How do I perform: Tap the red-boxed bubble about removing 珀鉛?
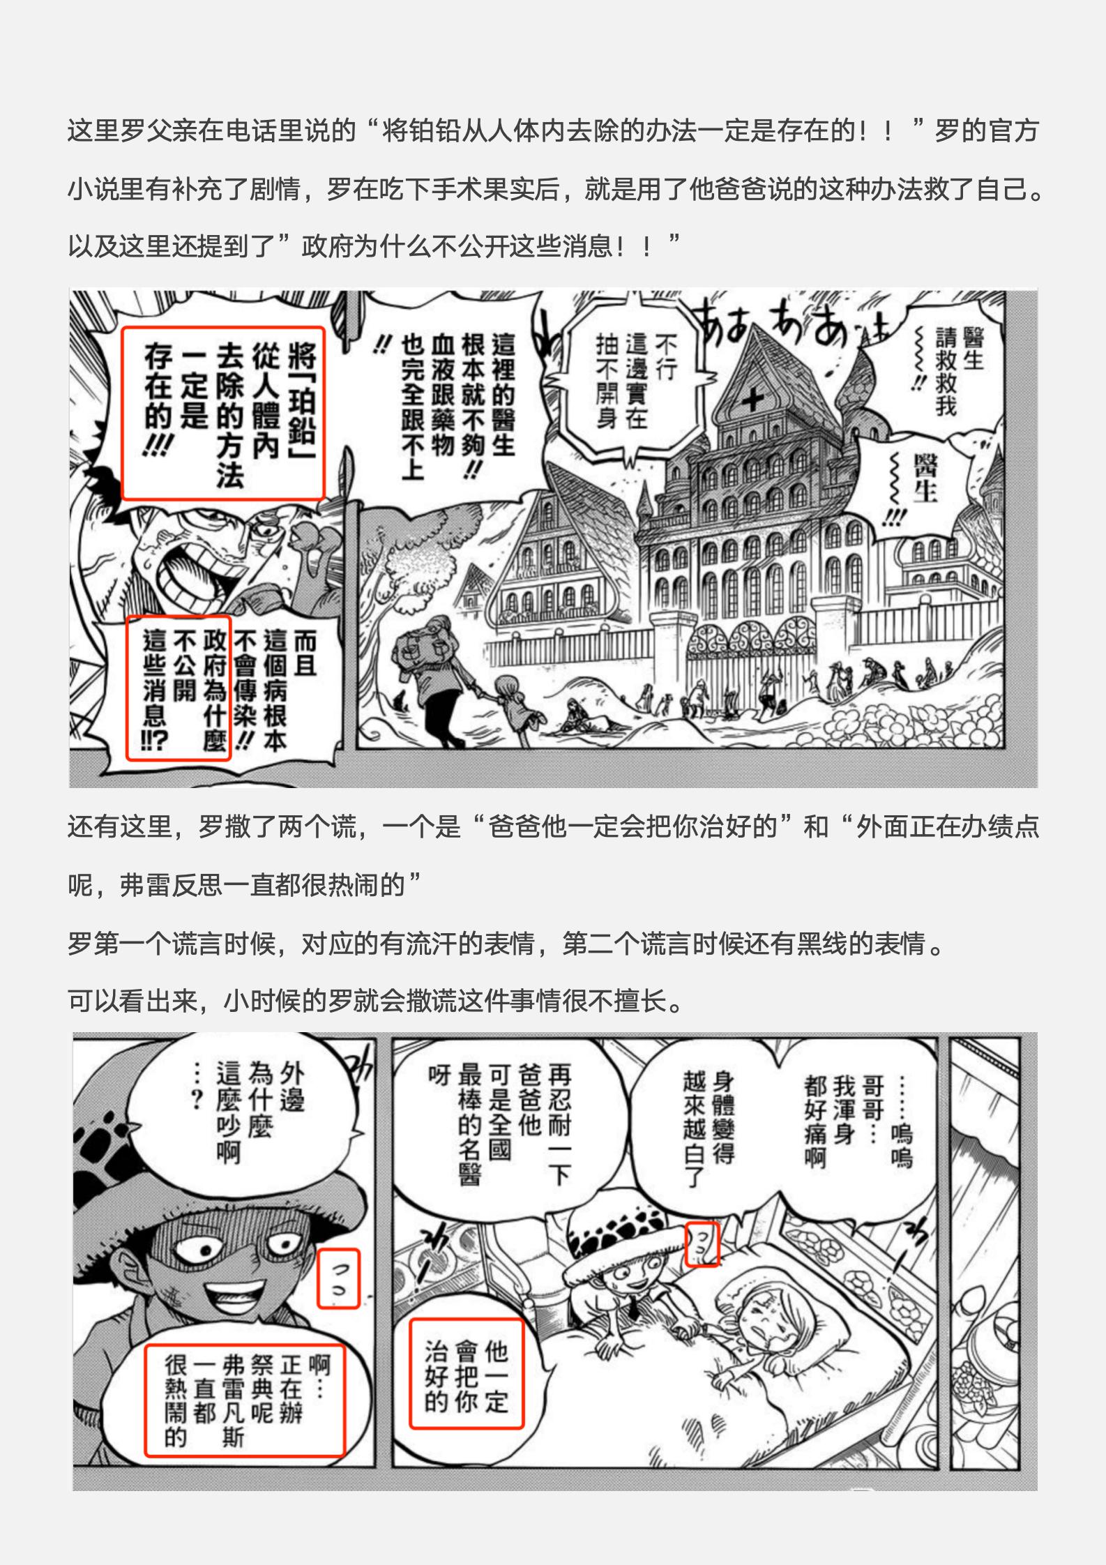(223, 412)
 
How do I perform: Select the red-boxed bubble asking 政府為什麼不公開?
(178, 688)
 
